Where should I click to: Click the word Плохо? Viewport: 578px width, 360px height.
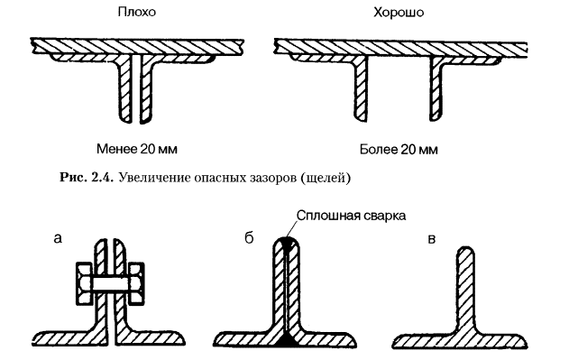pyautogui.click(x=137, y=12)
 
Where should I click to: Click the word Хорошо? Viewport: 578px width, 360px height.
pyautogui.click(x=399, y=13)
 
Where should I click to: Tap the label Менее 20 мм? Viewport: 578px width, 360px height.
pyautogui.click(x=137, y=149)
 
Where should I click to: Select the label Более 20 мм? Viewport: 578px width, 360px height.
pyautogui.click(x=399, y=150)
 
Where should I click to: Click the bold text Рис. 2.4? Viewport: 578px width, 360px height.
pyautogui.click(x=87, y=178)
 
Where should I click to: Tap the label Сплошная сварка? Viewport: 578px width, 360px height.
pyautogui.click(x=351, y=216)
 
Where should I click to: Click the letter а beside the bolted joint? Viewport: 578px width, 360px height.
pyautogui.click(x=58, y=239)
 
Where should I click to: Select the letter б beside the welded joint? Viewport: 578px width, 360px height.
pyautogui.click(x=249, y=238)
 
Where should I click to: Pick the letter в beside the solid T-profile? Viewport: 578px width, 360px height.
pyautogui.click(x=432, y=239)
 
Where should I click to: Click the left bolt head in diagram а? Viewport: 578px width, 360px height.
pyautogui.click(x=84, y=283)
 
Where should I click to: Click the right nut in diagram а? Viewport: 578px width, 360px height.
pyautogui.click(x=136, y=283)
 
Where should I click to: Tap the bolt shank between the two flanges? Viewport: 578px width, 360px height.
pyautogui.click(x=111, y=283)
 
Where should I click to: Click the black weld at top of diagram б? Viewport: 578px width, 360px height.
pyautogui.click(x=286, y=242)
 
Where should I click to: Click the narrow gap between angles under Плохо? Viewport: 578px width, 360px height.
pyautogui.click(x=136, y=88)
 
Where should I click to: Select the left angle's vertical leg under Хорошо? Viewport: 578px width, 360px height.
pyautogui.click(x=361, y=88)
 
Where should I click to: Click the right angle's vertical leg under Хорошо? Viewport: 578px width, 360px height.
pyautogui.click(x=436, y=88)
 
